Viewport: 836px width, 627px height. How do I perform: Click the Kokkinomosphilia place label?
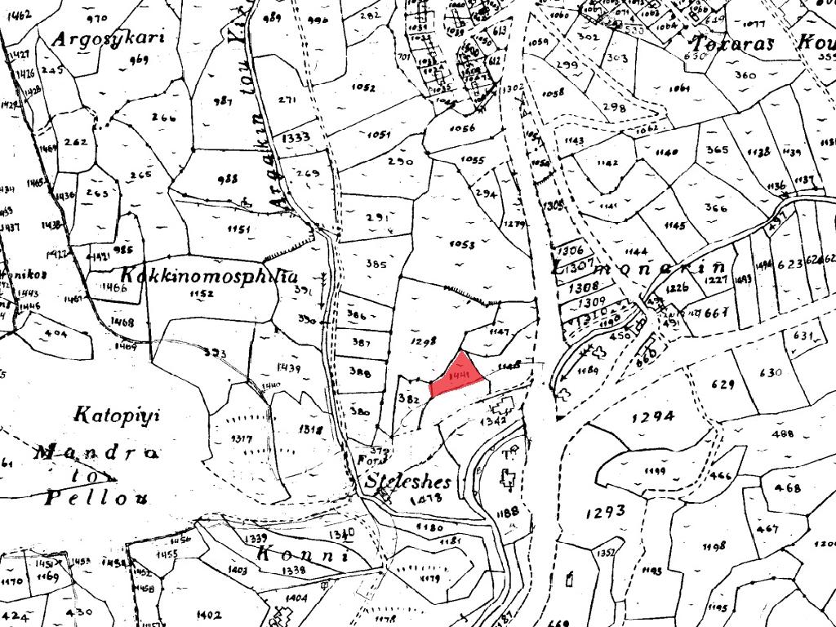[209, 275]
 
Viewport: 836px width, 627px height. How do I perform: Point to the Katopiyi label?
[118, 414]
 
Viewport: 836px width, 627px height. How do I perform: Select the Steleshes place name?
[408, 480]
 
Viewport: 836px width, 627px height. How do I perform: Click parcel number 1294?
[653, 417]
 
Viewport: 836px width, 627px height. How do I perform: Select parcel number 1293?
[605, 512]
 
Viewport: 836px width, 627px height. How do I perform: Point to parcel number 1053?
[461, 244]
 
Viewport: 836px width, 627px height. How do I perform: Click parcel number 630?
[771, 373]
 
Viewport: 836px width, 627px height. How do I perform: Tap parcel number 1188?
[507, 512]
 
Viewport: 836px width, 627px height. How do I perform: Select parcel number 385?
[376, 265]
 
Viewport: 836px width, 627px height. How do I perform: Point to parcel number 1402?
[209, 614]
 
